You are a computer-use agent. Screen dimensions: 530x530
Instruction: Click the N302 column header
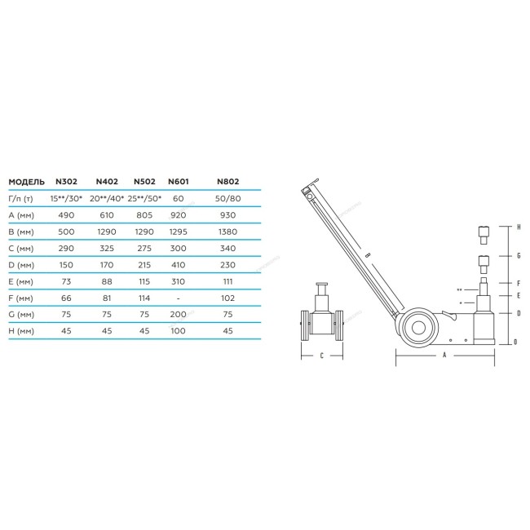pos(66,182)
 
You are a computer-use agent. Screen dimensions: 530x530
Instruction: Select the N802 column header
pos(227,182)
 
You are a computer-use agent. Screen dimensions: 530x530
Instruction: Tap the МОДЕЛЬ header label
pos(26,182)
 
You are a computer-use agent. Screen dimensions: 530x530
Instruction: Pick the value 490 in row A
pos(66,215)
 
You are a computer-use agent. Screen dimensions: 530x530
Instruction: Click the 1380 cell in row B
pos(227,232)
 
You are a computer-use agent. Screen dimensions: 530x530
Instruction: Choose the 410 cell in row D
pos(178,265)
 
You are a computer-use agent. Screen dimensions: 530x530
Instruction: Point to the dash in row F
pos(178,298)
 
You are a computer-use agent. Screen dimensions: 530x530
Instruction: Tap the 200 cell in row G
pos(178,315)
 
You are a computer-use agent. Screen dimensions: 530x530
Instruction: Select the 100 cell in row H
pos(178,330)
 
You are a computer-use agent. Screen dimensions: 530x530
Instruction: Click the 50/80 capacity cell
pos(227,198)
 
